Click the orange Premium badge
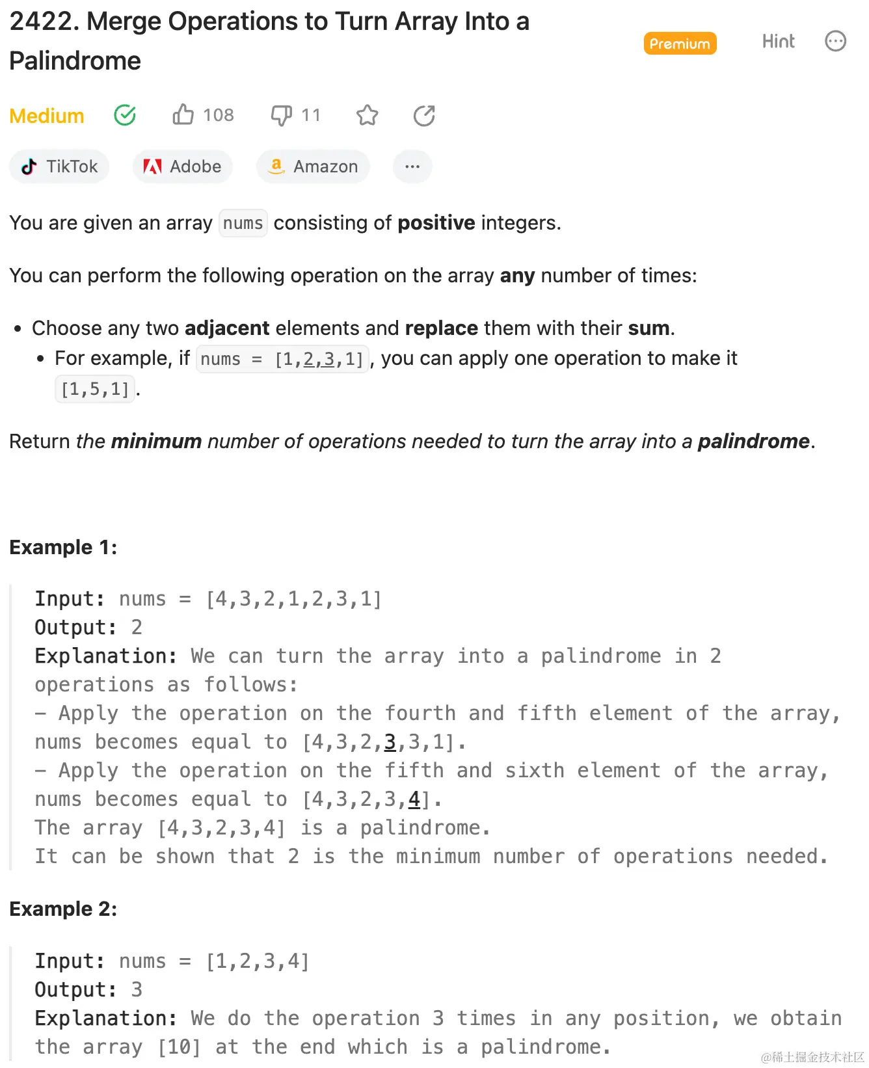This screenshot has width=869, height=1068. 680,44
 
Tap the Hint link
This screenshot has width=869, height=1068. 778,42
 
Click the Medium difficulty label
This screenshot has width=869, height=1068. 47,116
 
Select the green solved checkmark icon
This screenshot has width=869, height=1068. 125,115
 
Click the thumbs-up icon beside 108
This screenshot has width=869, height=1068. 183,114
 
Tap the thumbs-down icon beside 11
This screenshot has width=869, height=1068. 281,115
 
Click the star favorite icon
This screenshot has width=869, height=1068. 367,115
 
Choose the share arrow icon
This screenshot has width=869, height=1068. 424,115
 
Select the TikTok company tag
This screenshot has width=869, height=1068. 59,167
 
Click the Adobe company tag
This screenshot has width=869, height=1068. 183,167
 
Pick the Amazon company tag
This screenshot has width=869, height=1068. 313,167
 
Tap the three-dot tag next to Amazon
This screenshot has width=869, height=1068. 412,167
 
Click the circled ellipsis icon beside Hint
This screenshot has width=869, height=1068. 835,42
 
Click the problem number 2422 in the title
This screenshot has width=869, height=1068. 44,21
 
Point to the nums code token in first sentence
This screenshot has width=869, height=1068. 243,223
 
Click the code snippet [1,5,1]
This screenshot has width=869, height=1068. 95,390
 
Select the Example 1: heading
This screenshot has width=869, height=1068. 63,547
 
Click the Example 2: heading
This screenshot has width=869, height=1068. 63,909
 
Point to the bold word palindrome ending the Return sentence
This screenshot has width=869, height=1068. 753,441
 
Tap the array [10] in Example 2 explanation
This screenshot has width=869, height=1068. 180,1047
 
